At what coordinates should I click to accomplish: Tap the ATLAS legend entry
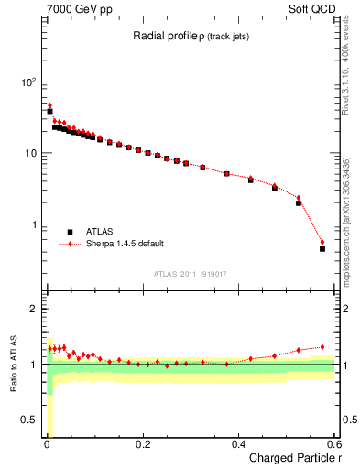click(x=102, y=233)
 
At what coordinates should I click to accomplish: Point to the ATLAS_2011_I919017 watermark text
click(x=190, y=274)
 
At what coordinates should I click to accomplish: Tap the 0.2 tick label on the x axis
click(x=142, y=445)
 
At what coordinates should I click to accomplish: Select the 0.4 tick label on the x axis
click(x=238, y=445)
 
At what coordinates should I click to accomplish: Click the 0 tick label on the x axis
click(x=46, y=445)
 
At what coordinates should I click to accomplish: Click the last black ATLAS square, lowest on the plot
click(x=322, y=248)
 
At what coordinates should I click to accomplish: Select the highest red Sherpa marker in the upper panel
click(x=49, y=105)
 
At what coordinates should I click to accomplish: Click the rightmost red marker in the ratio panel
click(x=322, y=347)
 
